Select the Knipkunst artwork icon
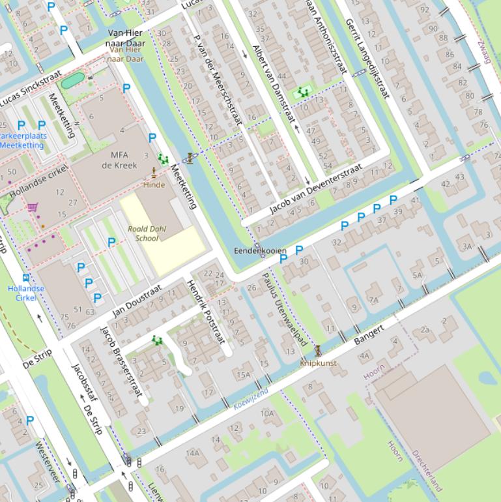click(318, 351)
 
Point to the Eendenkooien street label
click(260, 250)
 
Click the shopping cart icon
click(33, 207)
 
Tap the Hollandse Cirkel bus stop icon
click(26, 277)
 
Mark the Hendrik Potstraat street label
click(206, 312)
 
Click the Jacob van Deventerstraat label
click(315, 190)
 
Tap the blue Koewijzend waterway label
click(251, 399)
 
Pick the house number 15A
click(243, 375)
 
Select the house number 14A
click(192, 453)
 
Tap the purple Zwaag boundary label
click(485, 49)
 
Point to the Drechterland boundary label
click(426, 470)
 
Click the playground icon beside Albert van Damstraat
click(302, 93)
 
